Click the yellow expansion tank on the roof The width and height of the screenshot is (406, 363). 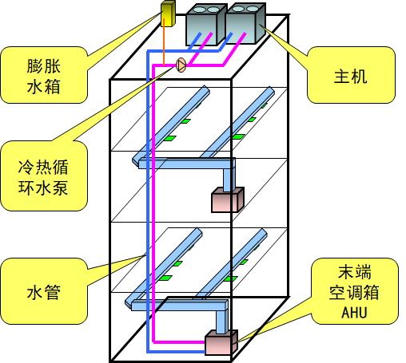click(x=169, y=16)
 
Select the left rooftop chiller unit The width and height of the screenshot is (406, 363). click(x=206, y=24)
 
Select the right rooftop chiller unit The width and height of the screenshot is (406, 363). click(x=245, y=24)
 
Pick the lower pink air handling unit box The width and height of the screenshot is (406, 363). click(x=219, y=343)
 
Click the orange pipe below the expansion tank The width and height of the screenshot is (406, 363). click(x=164, y=44)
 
